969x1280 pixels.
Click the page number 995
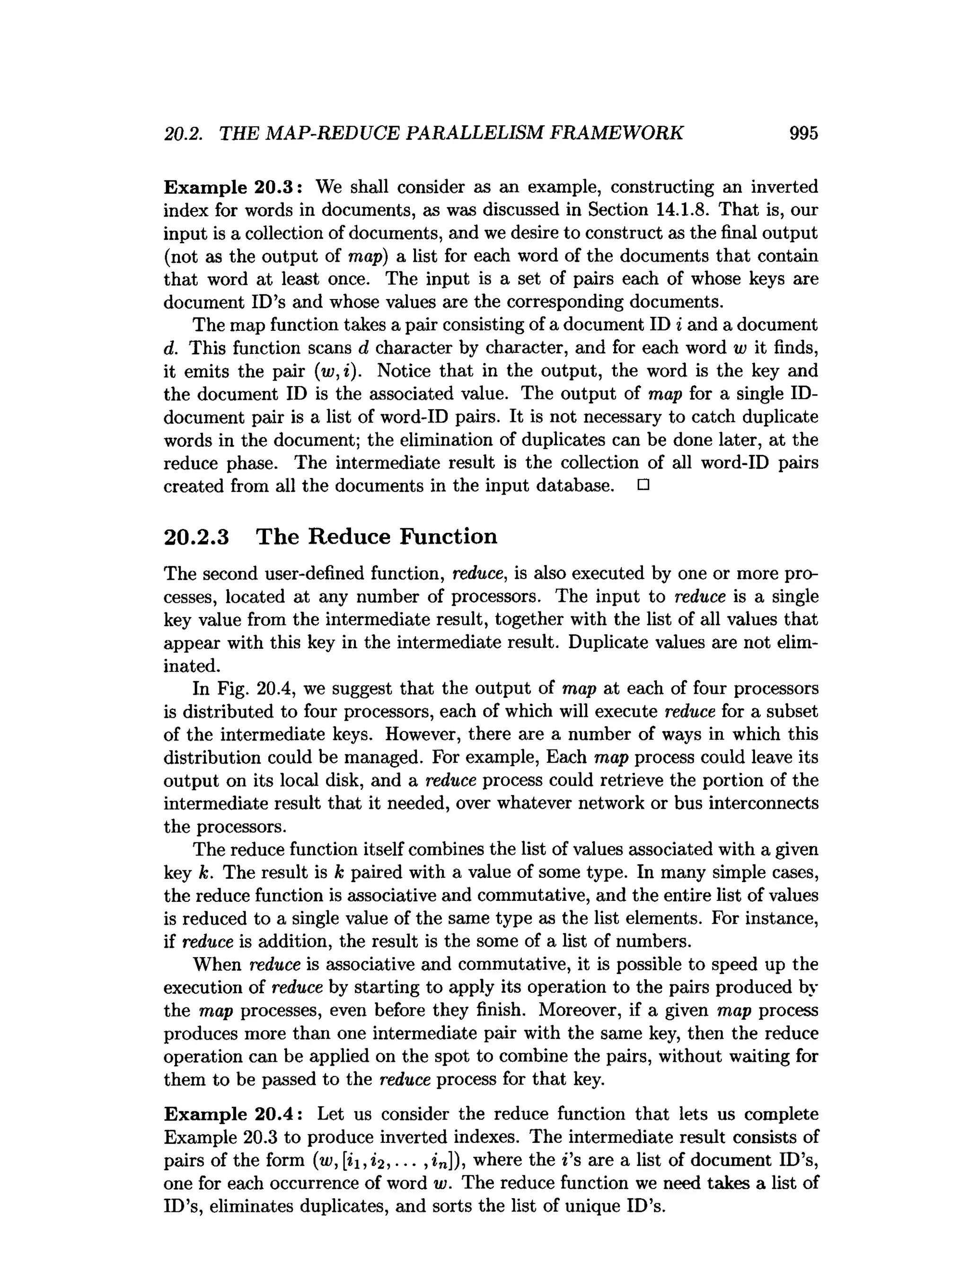(803, 133)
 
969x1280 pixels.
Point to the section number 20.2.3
(197, 537)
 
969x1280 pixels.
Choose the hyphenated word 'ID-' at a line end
(805, 394)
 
